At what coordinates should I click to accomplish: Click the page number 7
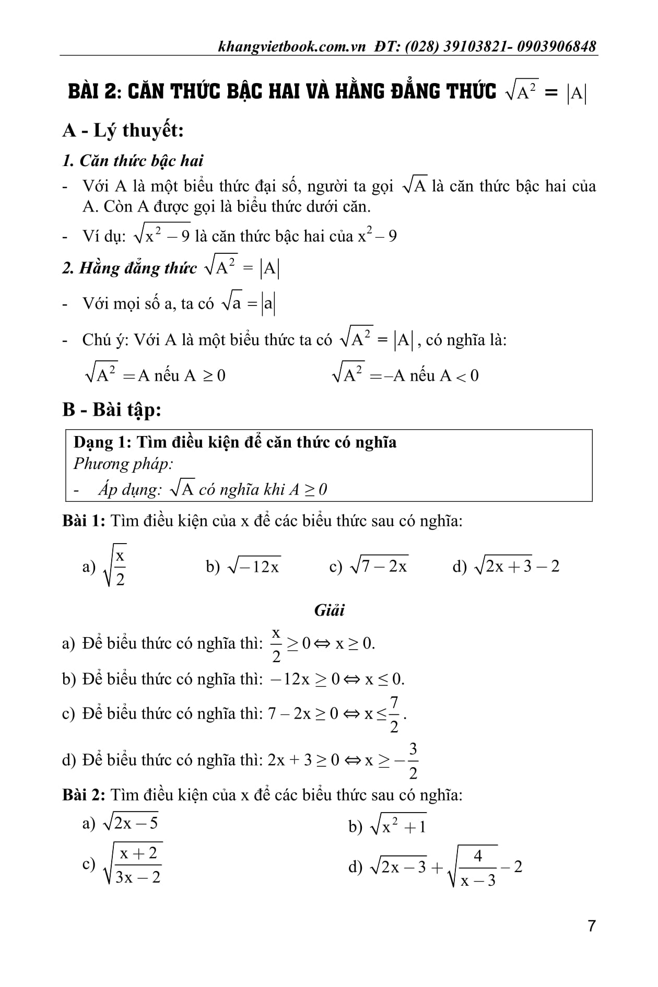[592, 926]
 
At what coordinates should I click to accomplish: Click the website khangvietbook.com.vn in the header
[292, 46]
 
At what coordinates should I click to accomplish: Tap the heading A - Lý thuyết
[123, 130]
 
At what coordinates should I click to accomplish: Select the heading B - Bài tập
[112, 409]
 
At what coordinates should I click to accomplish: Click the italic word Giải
[330, 610]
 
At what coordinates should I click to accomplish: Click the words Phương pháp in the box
[123, 464]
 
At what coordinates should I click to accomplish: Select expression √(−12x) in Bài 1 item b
[254, 566]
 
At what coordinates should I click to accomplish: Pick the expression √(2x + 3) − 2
[516, 566]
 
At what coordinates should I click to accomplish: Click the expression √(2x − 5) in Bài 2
[131, 823]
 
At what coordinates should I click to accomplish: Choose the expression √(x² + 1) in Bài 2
[398, 826]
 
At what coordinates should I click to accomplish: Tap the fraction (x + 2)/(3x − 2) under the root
[138, 865]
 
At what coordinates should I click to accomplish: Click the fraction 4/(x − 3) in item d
[478, 868]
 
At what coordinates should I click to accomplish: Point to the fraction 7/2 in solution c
[394, 713]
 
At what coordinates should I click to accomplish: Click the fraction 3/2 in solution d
[413, 760]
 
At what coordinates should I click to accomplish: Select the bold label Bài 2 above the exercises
[84, 795]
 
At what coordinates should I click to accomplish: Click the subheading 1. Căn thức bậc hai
[133, 160]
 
